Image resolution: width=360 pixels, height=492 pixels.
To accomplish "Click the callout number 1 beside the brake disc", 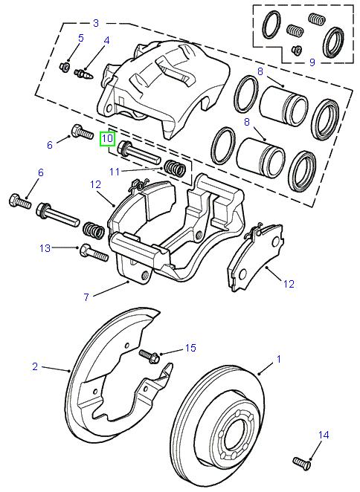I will point(279,360).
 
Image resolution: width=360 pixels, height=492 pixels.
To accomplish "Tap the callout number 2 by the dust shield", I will point(35,366).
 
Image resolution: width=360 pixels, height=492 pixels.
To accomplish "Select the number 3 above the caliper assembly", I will point(96,23).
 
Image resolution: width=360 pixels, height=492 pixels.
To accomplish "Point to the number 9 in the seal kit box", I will point(312,62).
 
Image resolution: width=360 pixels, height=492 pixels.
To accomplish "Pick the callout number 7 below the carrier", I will point(86,297).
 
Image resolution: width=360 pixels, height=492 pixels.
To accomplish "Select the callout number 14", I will point(323,434).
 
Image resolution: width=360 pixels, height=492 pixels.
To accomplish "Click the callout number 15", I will point(190,348).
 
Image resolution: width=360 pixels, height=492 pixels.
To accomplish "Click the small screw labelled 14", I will point(301,461).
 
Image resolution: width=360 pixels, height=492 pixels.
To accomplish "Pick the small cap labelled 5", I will point(64,68).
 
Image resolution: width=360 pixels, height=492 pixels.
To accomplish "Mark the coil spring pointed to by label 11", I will point(176,169).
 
